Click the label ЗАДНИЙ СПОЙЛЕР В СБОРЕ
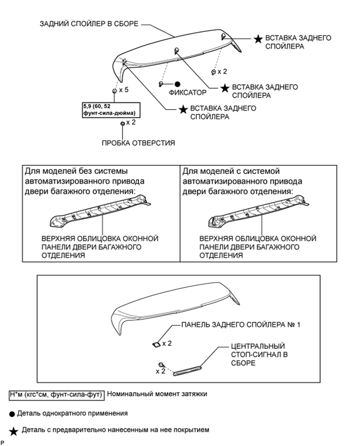coord(89,24)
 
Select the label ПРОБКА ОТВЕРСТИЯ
coord(138,142)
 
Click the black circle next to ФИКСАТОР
coord(177,84)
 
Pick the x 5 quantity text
coord(123,90)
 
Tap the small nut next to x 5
coord(114,90)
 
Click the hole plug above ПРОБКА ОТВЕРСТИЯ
coord(123,123)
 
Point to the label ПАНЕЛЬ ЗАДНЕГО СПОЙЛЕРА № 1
coord(241,325)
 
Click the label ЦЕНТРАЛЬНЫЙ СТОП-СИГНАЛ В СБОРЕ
coord(257,354)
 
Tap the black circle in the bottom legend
coord(12,413)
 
